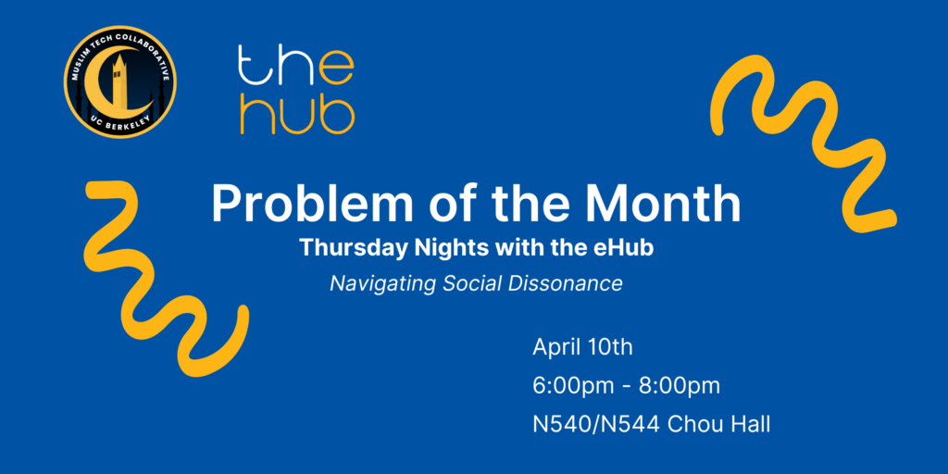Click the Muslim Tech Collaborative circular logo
click(119, 81)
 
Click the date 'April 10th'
click(583, 348)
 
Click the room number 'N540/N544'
click(595, 424)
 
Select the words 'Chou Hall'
click(718, 424)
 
